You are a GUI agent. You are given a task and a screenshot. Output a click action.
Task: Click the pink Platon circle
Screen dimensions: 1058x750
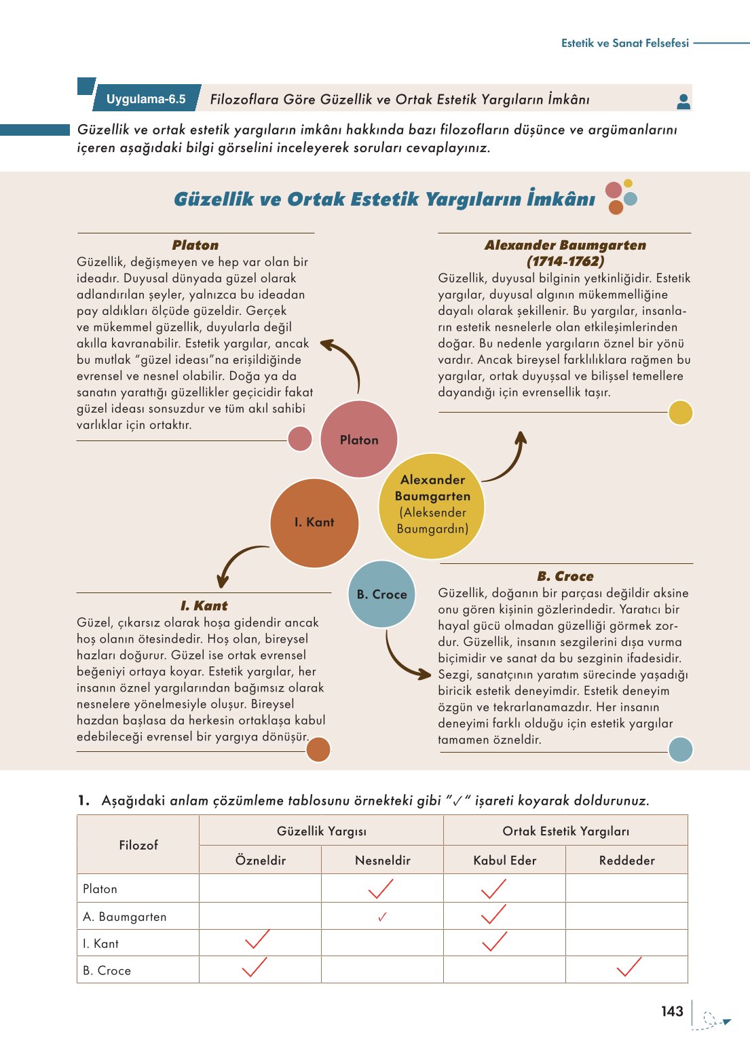pyautogui.click(x=358, y=439)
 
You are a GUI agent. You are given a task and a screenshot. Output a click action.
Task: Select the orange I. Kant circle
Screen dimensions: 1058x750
pyautogui.click(x=314, y=522)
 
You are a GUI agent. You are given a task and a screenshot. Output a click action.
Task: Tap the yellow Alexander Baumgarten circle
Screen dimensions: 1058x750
pyautogui.click(x=432, y=505)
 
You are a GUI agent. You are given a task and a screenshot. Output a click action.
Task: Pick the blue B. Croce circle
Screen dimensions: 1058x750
pyautogui.click(x=381, y=594)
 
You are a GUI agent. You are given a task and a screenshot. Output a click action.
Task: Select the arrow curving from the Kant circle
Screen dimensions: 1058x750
pyautogui.click(x=238, y=563)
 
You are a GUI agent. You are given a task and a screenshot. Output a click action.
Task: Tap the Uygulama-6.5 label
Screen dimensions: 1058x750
pyautogui.click(x=146, y=99)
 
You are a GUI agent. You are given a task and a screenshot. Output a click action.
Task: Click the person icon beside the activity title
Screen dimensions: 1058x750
pyautogui.click(x=683, y=101)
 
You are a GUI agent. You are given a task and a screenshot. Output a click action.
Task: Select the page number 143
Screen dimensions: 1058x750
pyautogui.click(x=672, y=1011)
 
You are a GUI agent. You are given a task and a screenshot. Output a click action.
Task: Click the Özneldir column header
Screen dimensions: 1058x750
pyautogui.click(x=261, y=860)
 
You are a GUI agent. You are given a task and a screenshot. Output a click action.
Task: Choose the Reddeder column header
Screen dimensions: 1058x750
pyautogui.click(x=626, y=860)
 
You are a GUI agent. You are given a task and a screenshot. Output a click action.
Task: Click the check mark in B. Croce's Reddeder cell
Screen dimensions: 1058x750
pyautogui.click(x=629, y=968)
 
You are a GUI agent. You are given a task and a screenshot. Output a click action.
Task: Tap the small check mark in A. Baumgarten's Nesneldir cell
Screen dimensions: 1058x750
pyautogui.click(x=382, y=917)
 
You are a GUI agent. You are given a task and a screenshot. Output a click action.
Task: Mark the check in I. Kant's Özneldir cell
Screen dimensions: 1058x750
pyautogui.click(x=257, y=940)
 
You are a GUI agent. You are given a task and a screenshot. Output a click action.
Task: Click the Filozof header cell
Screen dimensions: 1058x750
pyautogui.click(x=138, y=845)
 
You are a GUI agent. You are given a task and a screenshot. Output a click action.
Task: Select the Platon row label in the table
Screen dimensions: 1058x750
pyautogui.click(x=100, y=888)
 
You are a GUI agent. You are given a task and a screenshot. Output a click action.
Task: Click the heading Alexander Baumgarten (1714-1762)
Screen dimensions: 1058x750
pyautogui.click(x=565, y=252)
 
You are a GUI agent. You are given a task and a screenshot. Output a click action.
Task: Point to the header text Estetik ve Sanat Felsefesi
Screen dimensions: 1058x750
pyautogui.click(x=624, y=43)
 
